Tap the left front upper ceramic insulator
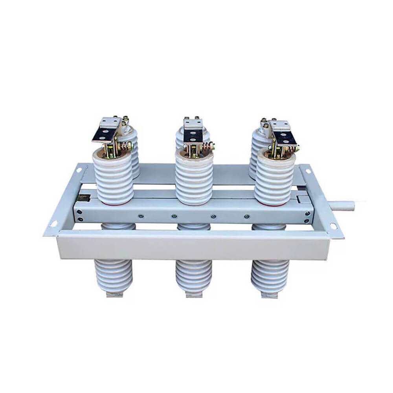pyautogui.click(x=113, y=179)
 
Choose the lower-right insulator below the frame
pyautogui.click(x=270, y=275)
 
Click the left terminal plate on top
pyautogui.click(x=105, y=130)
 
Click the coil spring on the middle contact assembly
pyautogui.click(x=206, y=148)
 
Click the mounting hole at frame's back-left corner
pyautogui.click(x=79, y=170)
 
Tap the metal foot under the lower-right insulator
pyautogui.click(x=270, y=295)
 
